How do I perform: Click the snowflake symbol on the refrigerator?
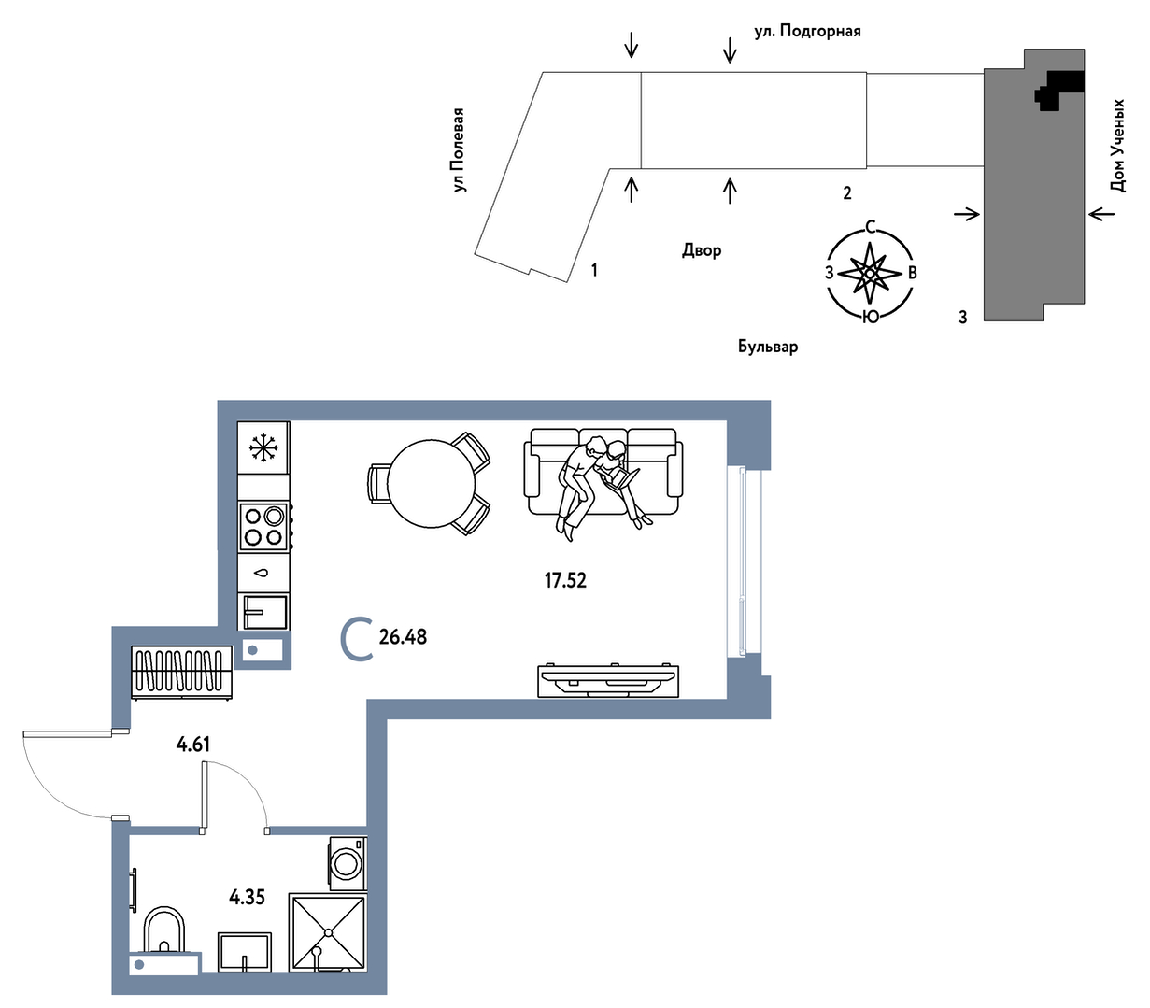(x=263, y=447)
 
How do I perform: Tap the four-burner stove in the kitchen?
(x=264, y=526)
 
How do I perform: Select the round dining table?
(x=431, y=484)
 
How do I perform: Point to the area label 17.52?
(x=565, y=581)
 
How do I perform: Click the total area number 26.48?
(x=403, y=637)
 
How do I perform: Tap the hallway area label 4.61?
(x=193, y=744)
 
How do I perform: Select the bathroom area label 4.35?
(x=247, y=898)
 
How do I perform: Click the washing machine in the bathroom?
(x=348, y=863)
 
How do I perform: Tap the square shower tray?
(x=328, y=932)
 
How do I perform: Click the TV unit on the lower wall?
(x=608, y=680)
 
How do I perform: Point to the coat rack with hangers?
(x=181, y=672)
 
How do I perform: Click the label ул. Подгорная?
(x=807, y=31)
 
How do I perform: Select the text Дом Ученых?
(x=1117, y=146)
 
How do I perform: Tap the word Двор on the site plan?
(x=702, y=250)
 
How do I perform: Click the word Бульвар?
(x=768, y=347)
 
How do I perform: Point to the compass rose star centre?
(x=870, y=274)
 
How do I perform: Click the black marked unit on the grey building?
(x=1059, y=90)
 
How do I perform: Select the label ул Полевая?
(x=459, y=149)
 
